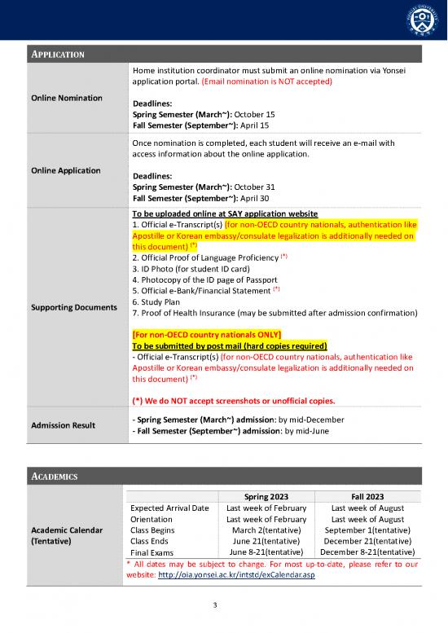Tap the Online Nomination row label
tap(67, 98)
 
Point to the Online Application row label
tap(67, 170)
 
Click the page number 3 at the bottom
tap(214, 605)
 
